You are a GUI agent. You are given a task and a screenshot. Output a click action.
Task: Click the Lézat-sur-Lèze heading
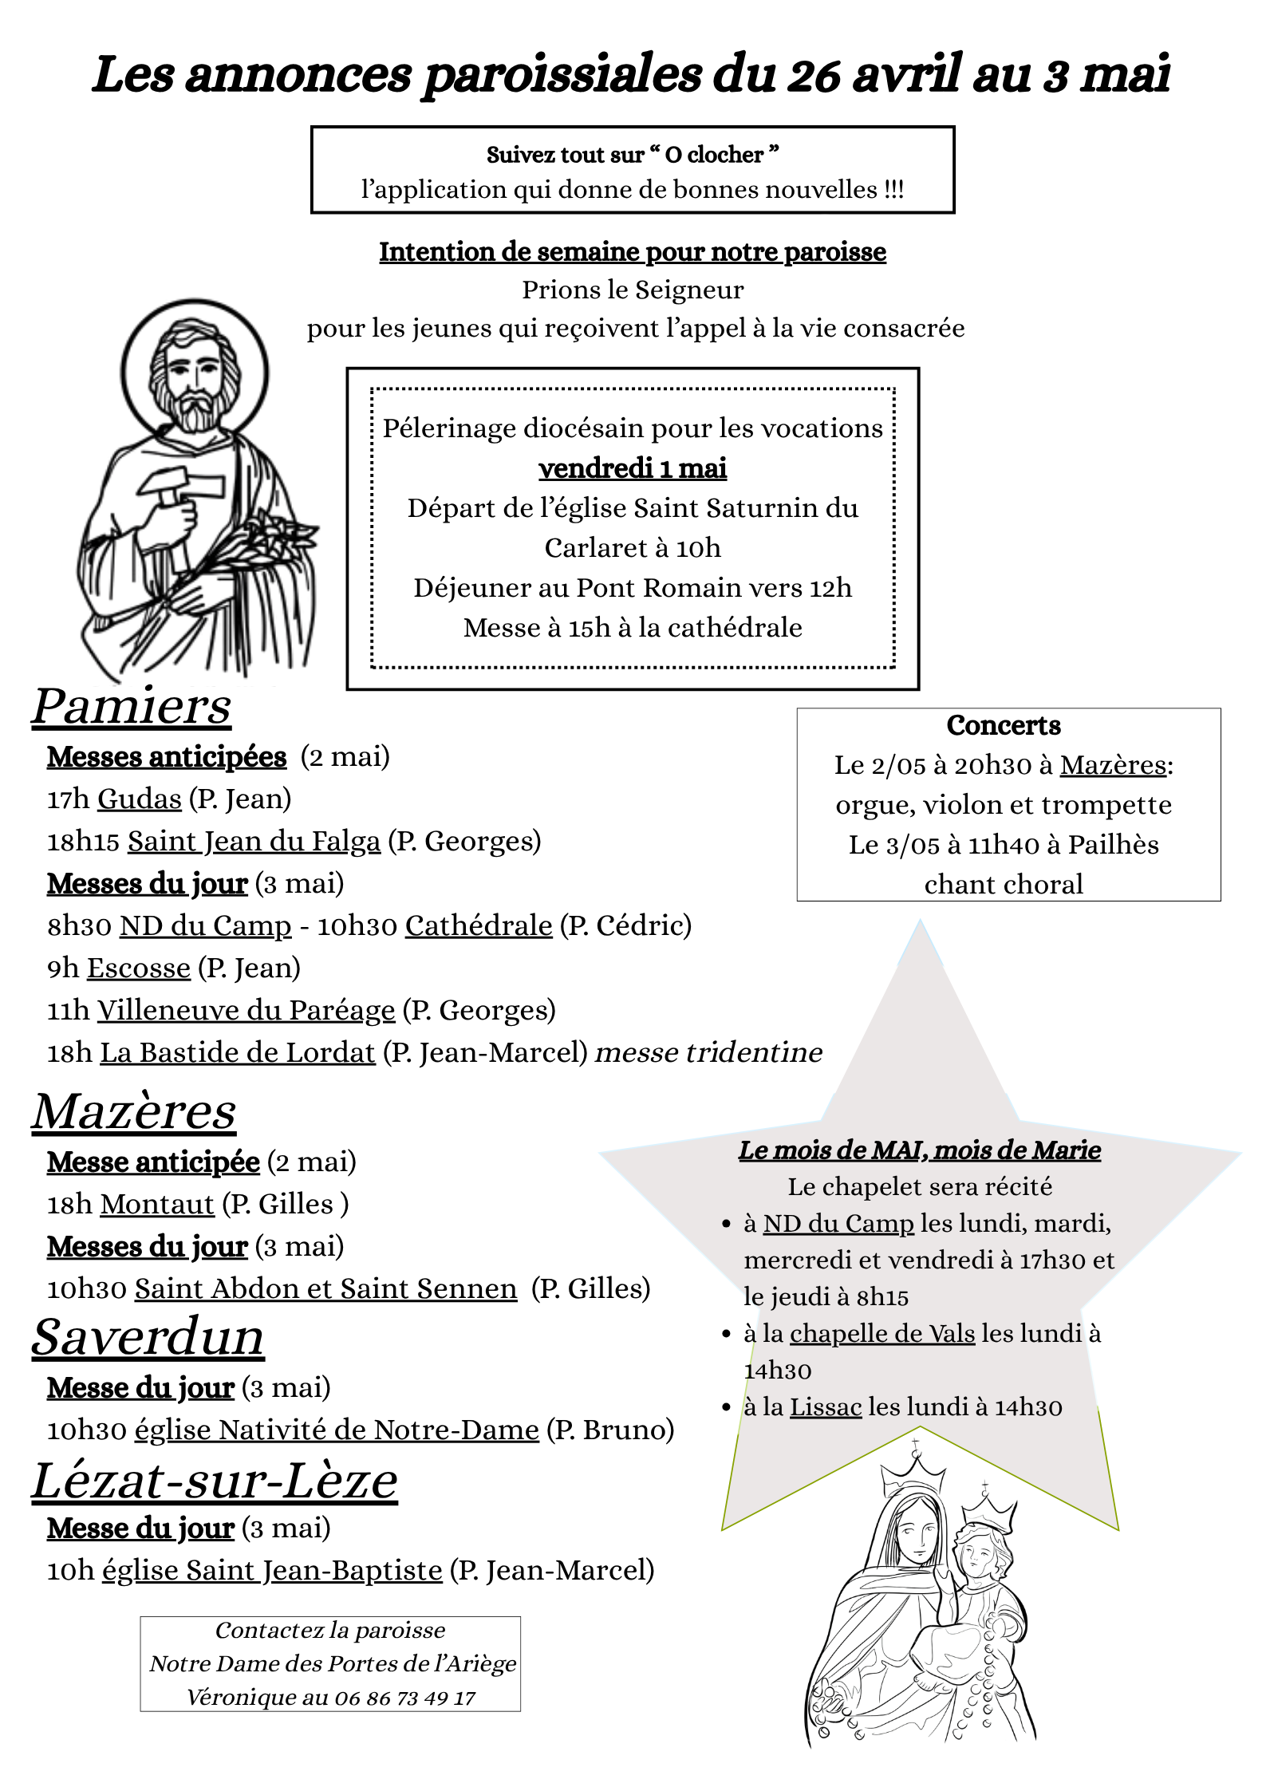215,1481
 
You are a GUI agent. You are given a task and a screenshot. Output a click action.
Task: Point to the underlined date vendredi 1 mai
633,468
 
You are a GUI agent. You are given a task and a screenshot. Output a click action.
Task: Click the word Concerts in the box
1004,725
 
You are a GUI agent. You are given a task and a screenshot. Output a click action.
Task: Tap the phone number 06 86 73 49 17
405,1698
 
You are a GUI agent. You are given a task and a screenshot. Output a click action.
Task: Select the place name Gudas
140,799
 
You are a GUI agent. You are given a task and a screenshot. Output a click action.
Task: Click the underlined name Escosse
139,968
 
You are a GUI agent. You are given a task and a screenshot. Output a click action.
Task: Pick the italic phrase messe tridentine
708,1052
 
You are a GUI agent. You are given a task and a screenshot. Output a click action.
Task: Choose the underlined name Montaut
158,1204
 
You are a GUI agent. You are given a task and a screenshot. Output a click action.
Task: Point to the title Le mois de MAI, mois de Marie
920,1150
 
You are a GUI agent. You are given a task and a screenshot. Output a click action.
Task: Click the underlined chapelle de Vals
882,1333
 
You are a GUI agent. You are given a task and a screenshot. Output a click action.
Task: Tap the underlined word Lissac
826,1406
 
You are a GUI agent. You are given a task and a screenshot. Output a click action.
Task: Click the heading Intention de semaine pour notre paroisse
633,251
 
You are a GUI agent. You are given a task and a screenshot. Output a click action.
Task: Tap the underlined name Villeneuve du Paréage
246,1010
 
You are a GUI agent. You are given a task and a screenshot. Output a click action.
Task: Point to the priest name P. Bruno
610,1430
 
